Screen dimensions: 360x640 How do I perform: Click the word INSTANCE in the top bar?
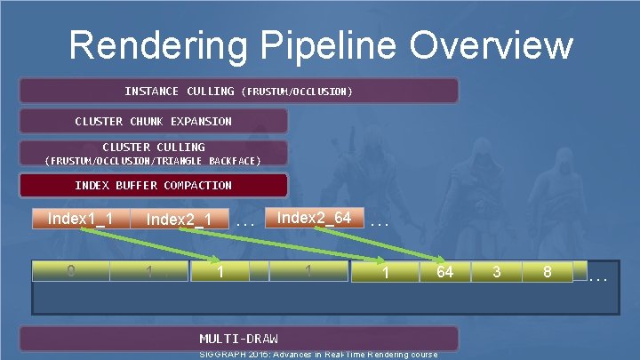tap(152, 92)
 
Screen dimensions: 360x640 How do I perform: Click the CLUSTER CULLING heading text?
tap(154, 147)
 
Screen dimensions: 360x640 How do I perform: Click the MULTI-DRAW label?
tap(238, 339)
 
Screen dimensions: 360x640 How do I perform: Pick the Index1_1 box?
tap(80, 219)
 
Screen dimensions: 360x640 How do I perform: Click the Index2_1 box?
tap(179, 220)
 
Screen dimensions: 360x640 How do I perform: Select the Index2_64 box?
tap(314, 218)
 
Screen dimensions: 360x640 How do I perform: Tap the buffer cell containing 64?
tap(444, 272)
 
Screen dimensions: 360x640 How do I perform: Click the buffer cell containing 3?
tap(496, 272)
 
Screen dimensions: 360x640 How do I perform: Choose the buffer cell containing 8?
tap(548, 272)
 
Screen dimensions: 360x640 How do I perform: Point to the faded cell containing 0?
tap(70, 271)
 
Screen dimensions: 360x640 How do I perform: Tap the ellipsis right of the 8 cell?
tap(598, 278)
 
